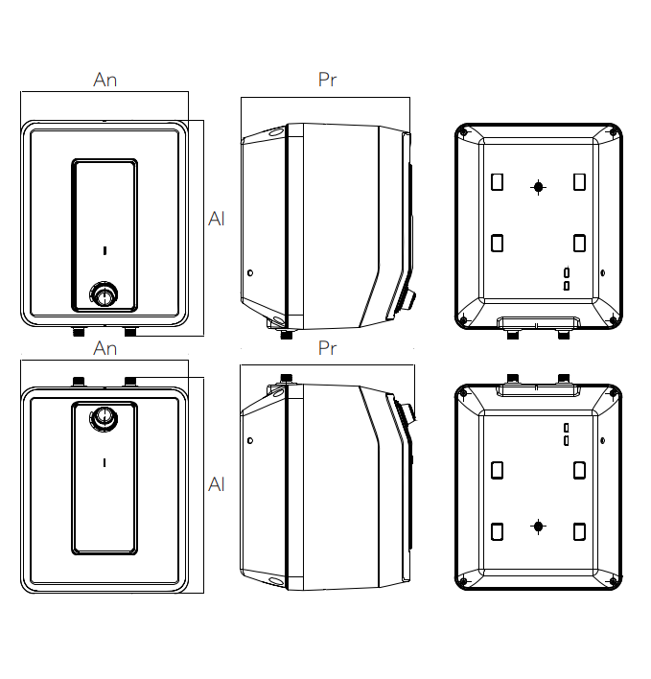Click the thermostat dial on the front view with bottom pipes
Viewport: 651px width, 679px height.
coord(104,294)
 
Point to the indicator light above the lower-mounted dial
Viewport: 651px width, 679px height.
coord(104,251)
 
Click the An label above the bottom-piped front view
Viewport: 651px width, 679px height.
coord(105,81)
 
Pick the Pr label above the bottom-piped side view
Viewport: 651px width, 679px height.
coord(327,81)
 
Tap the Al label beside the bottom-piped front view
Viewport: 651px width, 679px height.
coord(217,220)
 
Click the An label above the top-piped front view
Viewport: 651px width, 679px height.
coord(105,349)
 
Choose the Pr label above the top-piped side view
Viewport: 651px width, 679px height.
coord(327,349)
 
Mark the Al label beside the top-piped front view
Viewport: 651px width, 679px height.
coord(217,485)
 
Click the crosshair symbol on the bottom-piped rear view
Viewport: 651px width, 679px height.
coord(539,187)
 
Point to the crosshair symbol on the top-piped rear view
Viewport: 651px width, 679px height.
coord(539,527)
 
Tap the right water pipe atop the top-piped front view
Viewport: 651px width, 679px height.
coord(130,381)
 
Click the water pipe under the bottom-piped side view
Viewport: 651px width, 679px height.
coord(285,335)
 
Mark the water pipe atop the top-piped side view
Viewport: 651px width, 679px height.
coord(285,378)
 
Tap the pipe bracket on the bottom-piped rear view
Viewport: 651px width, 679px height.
coord(538,321)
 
